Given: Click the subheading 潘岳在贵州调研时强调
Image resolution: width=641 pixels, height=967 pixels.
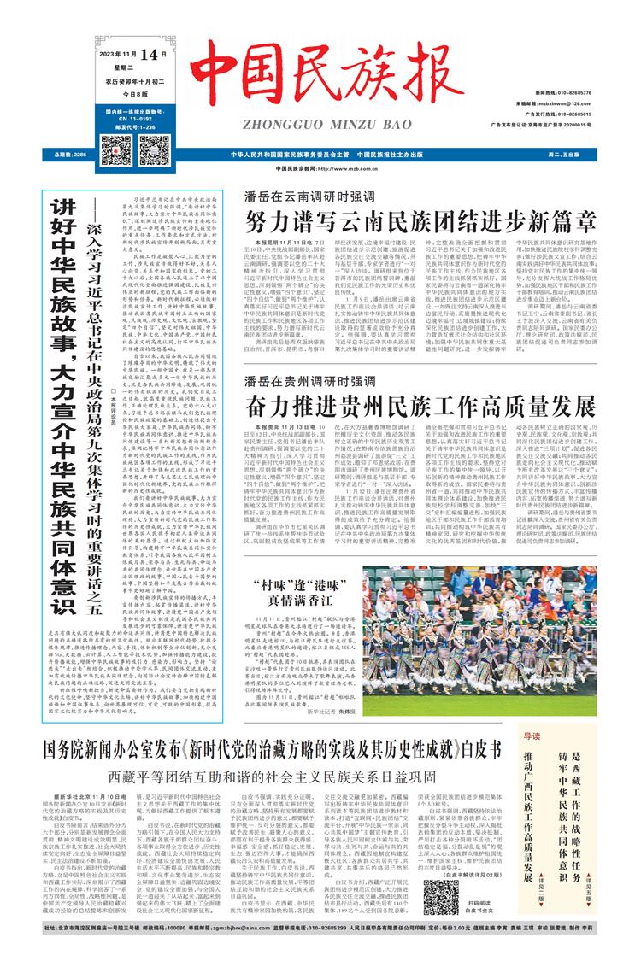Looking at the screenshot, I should pyautogui.click(x=305, y=378).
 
